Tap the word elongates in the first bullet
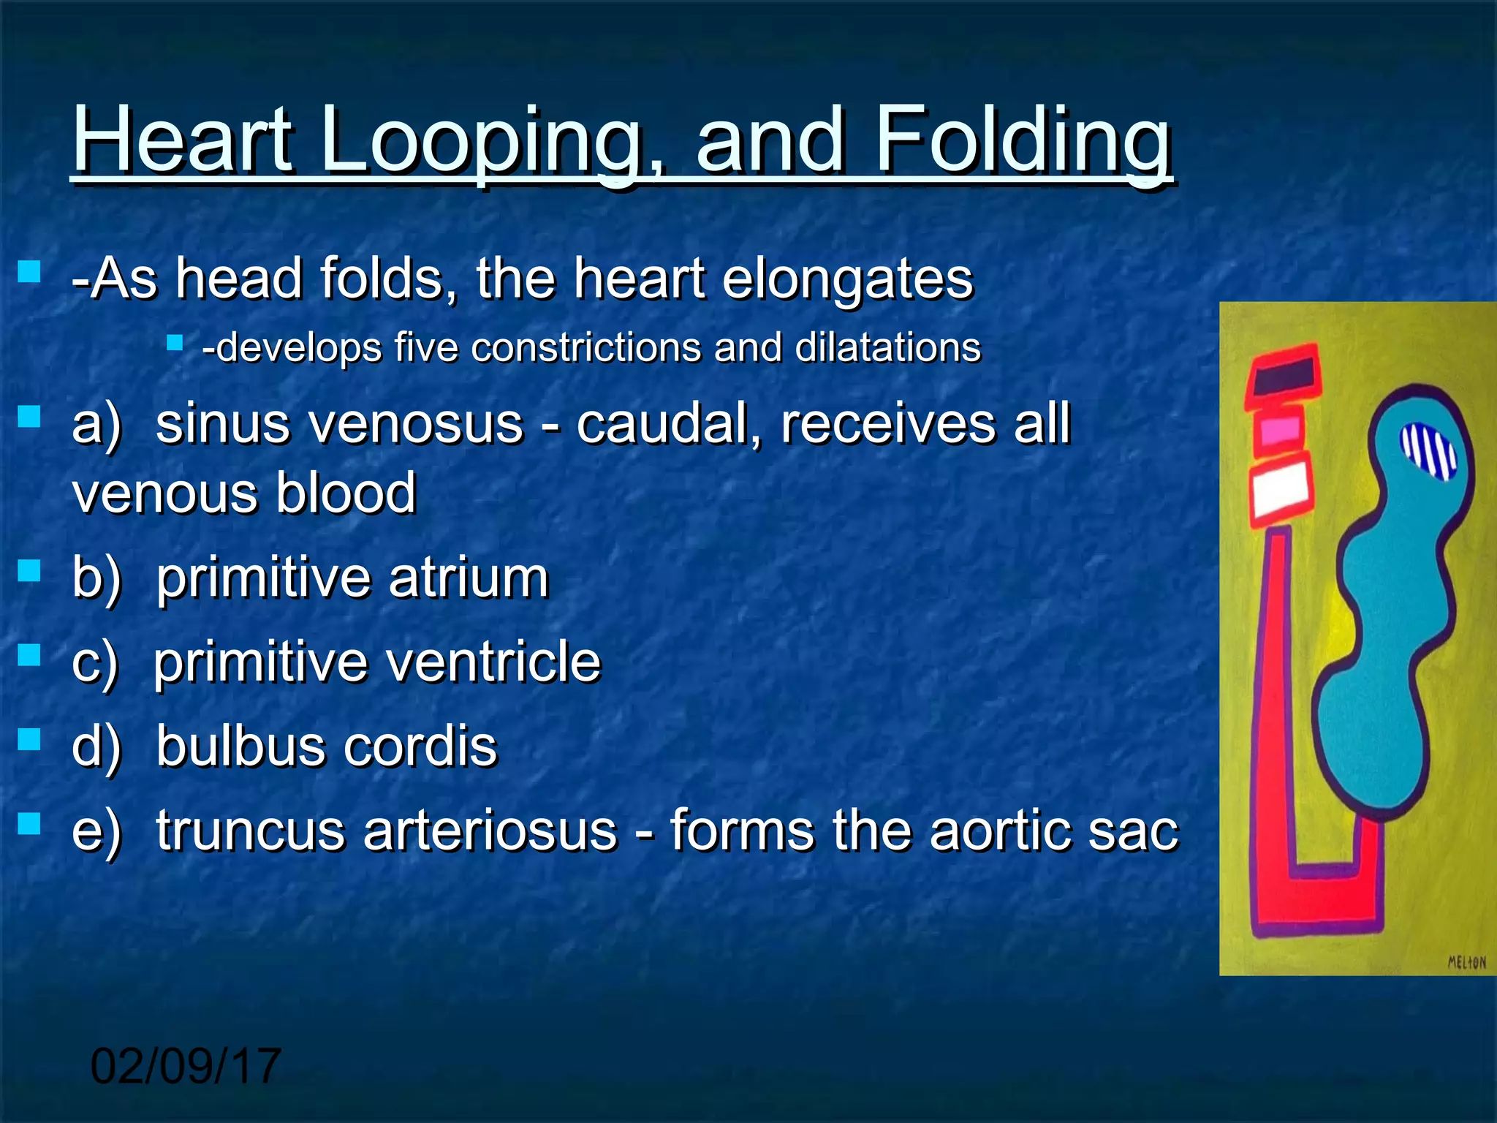pyautogui.click(x=847, y=280)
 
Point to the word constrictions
pyautogui.click(x=585, y=347)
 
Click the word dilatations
pyautogui.click(x=887, y=347)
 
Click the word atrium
pyautogui.click(x=469, y=578)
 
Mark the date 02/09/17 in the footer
pyautogui.click(x=186, y=1066)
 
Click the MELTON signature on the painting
pyautogui.click(x=1466, y=962)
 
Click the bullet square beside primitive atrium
pyautogui.click(x=29, y=570)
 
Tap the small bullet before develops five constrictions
pyautogui.click(x=174, y=342)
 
